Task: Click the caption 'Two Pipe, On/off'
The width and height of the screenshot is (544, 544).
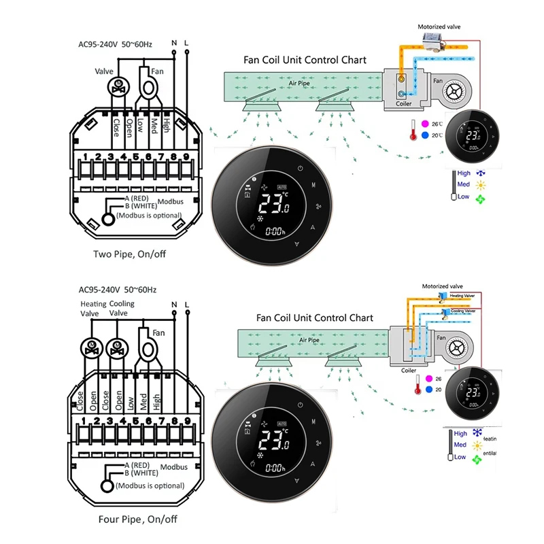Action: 129,254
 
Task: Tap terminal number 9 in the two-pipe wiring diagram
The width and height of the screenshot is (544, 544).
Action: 185,157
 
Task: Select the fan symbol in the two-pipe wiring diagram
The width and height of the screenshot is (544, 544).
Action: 150,86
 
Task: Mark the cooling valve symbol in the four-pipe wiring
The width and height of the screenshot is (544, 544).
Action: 116,347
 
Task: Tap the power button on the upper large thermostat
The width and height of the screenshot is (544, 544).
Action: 301,168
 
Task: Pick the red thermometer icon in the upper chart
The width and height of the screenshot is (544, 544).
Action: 413,131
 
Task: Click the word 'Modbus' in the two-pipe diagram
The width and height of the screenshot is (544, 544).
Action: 170,202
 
